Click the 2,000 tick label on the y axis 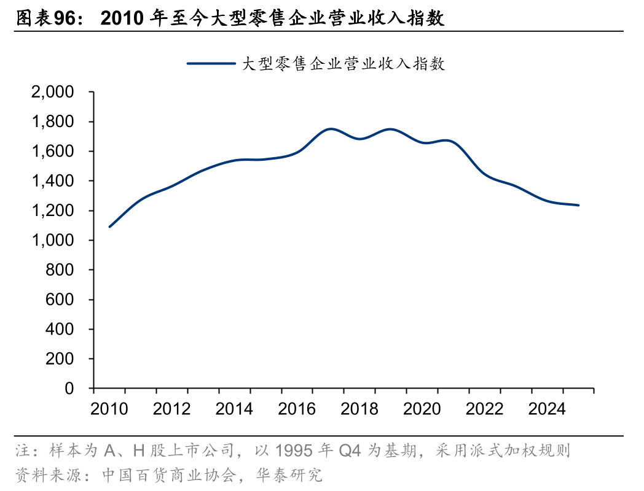[53, 93]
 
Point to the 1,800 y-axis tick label [53, 122]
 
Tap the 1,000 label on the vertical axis [53, 241]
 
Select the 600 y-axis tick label [61, 300]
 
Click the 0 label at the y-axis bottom [69, 389]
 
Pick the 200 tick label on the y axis [61, 359]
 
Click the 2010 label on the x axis [110, 409]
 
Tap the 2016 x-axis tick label [297, 409]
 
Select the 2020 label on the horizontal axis [422, 409]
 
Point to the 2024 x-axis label [548, 409]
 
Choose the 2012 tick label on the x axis [173, 409]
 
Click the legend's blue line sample [211, 63]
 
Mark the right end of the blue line [578, 205]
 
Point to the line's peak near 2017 [331, 129]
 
